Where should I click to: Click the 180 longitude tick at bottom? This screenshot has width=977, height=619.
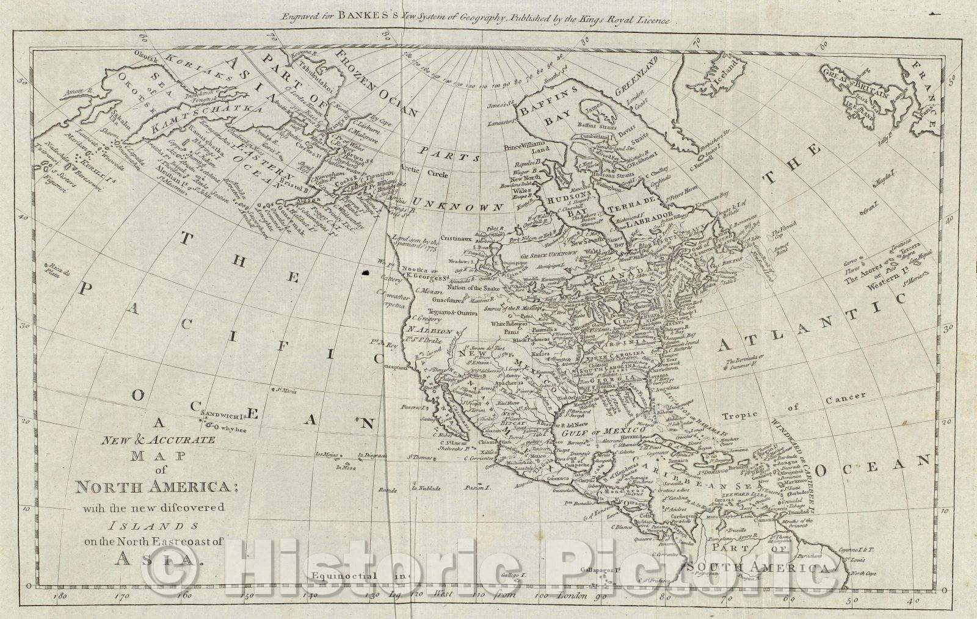59,596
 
